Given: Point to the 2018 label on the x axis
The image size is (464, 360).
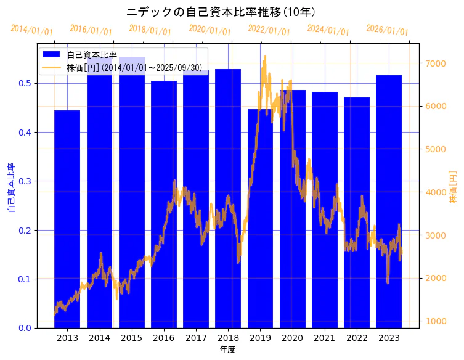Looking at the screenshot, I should click(228, 338).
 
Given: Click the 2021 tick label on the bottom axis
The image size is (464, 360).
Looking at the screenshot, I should click(325, 338).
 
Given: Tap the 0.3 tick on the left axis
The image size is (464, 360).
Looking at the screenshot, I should click(25, 181).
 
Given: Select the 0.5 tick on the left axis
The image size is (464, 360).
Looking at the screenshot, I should click(25, 83).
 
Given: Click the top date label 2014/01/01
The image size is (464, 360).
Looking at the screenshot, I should click(32, 30).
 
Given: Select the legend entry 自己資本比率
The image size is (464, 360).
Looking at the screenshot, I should click(92, 55).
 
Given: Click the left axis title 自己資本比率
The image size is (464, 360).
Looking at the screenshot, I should click(11, 187).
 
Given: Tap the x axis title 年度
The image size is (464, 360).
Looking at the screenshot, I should click(228, 350).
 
